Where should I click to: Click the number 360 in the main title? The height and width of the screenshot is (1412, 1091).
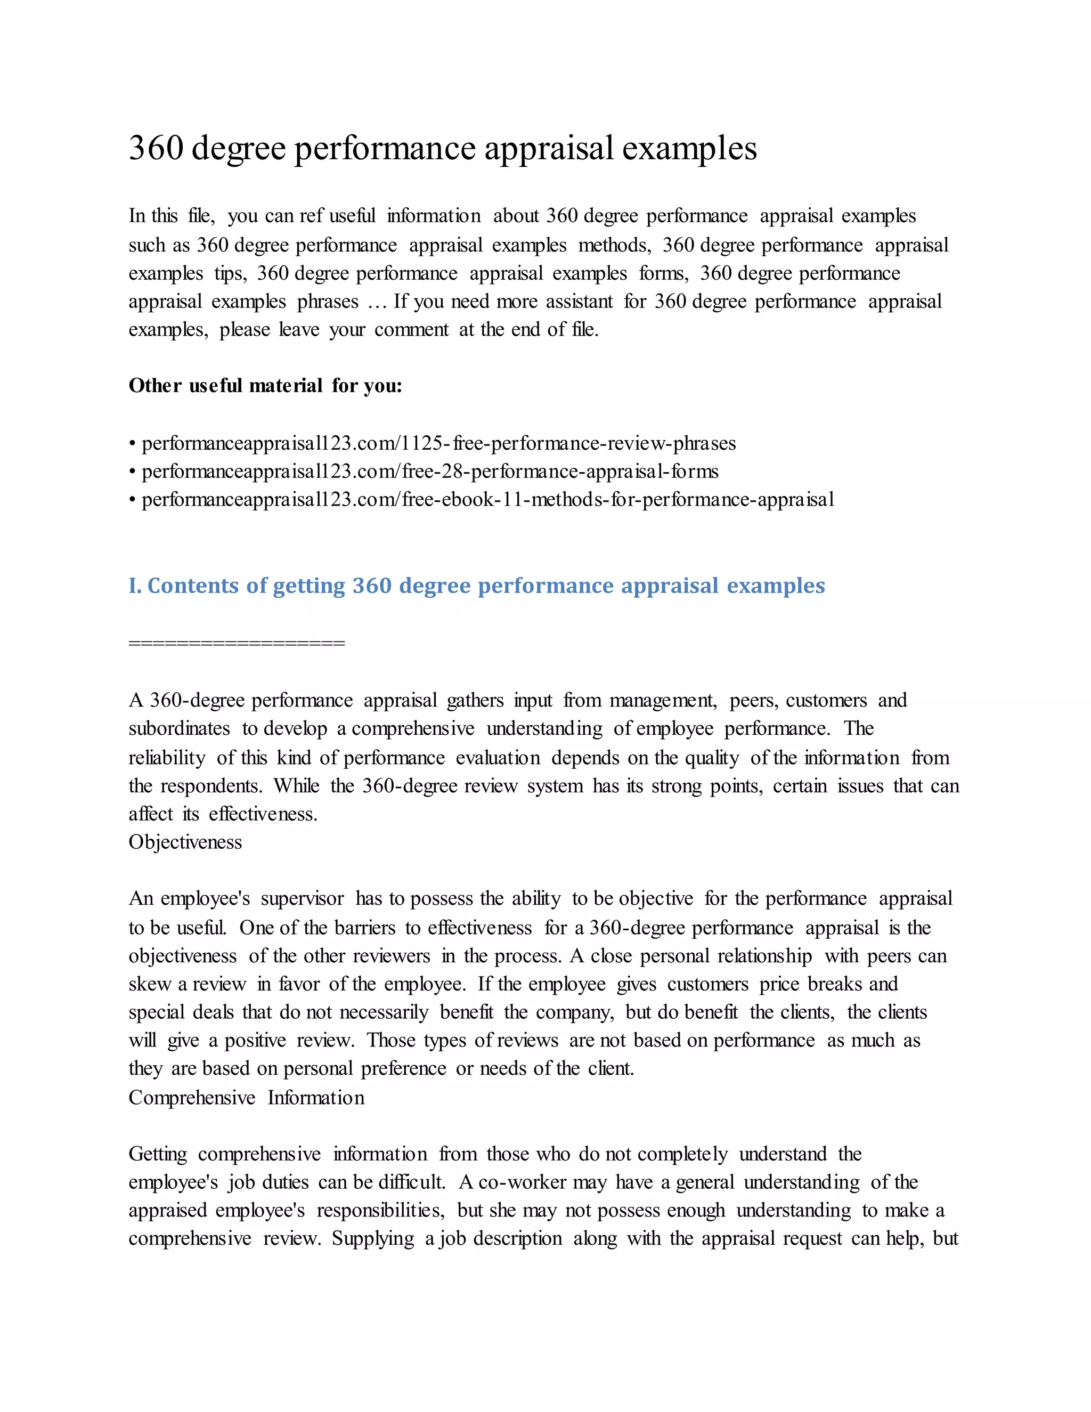tap(156, 148)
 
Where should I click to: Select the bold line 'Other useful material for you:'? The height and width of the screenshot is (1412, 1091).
tap(265, 385)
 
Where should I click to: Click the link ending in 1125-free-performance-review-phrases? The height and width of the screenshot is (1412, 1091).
tap(438, 443)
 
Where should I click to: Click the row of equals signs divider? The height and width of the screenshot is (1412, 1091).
tap(237, 643)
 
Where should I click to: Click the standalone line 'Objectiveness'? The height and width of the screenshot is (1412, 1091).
tap(185, 842)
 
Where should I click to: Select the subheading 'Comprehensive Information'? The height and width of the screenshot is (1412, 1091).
tap(246, 1097)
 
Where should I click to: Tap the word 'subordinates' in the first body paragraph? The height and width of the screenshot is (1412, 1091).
tap(179, 728)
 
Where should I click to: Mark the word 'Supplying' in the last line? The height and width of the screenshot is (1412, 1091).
tap(373, 1238)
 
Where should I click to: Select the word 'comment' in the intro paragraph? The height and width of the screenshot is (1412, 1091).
tap(411, 330)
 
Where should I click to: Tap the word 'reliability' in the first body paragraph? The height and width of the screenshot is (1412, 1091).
tap(167, 757)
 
